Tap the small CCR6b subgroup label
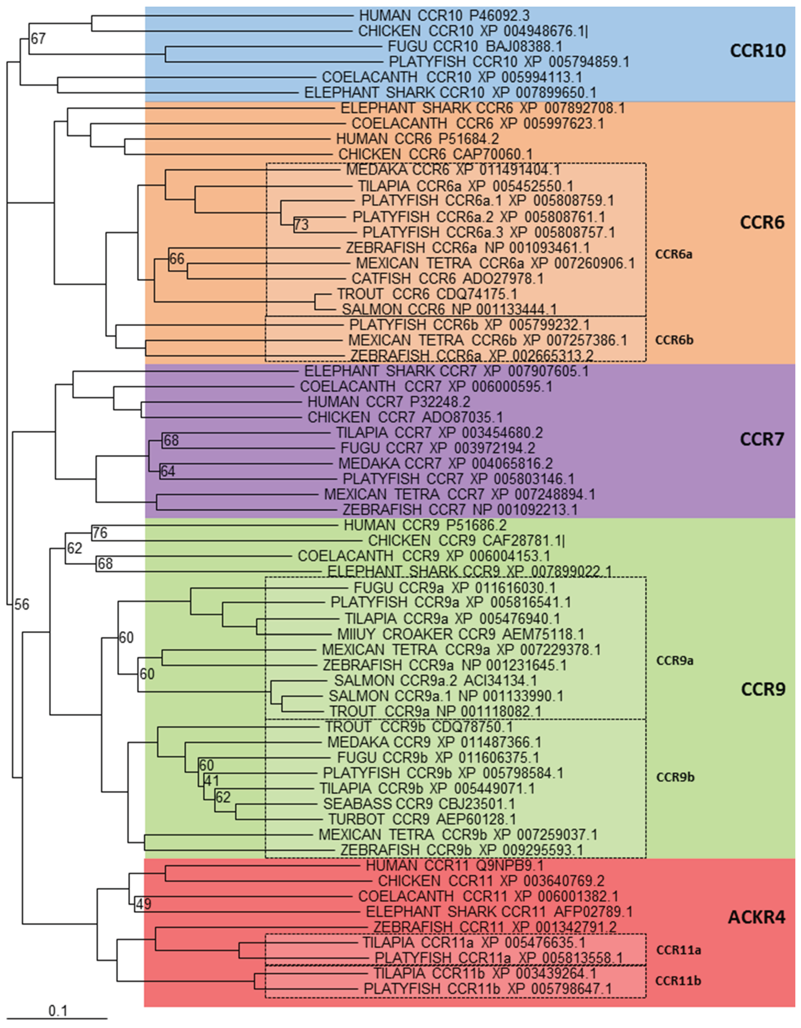click(x=675, y=340)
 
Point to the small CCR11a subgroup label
click(x=678, y=950)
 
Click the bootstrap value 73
click(x=301, y=225)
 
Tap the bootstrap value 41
click(x=212, y=780)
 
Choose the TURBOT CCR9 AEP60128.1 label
click(x=422, y=819)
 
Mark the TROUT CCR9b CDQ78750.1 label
click(x=419, y=727)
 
